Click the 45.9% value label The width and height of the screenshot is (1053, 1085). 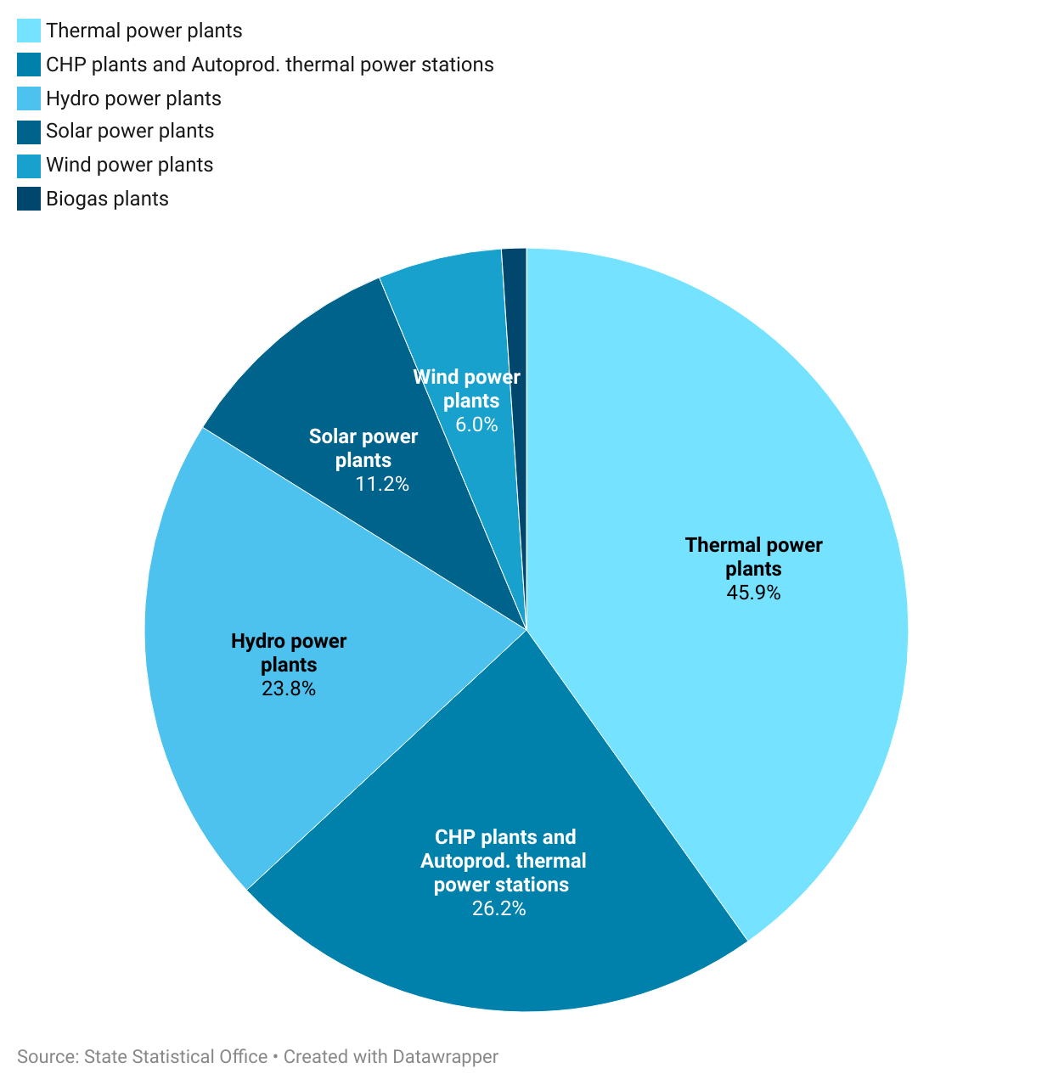pyautogui.click(x=753, y=593)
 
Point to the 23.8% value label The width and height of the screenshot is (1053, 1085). pyautogui.click(x=289, y=689)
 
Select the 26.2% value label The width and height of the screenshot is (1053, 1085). pyautogui.click(x=499, y=908)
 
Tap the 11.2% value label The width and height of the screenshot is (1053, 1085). pyautogui.click(x=382, y=484)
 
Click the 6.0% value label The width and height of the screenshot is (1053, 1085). pyautogui.click(x=476, y=424)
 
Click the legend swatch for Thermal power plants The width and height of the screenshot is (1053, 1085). pyautogui.click(x=29, y=31)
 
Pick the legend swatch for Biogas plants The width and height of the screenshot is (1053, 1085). pyautogui.click(x=29, y=199)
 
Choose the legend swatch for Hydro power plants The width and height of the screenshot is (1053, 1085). pyautogui.click(x=29, y=98)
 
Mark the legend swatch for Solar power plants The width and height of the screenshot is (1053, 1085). pyautogui.click(x=29, y=132)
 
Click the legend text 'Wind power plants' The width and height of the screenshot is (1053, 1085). pyautogui.click(x=130, y=165)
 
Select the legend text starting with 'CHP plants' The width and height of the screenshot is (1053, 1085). pyautogui.click(x=270, y=65)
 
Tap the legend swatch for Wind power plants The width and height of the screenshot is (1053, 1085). pyautogui.click(x=29, y=165)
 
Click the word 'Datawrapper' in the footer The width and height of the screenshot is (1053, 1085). pyautogui.click(x=445, y=1057)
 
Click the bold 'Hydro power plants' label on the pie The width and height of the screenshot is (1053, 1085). pyautogui.click(x=289, y=652)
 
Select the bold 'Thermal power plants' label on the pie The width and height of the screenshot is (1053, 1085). pyautogui.click(x=753, y=556)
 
